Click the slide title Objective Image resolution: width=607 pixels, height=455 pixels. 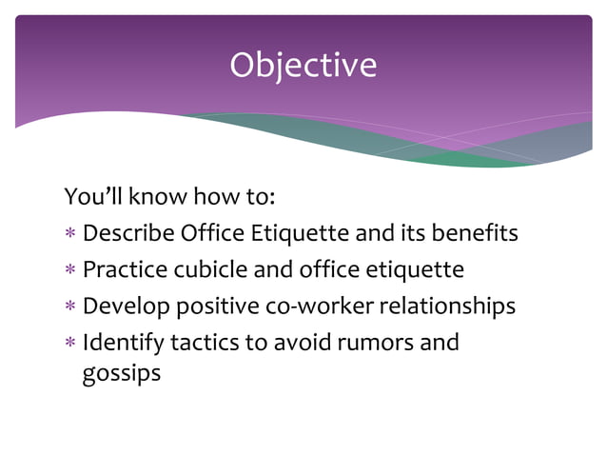click(303, 65)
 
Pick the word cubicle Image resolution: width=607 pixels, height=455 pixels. click(206, 269)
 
